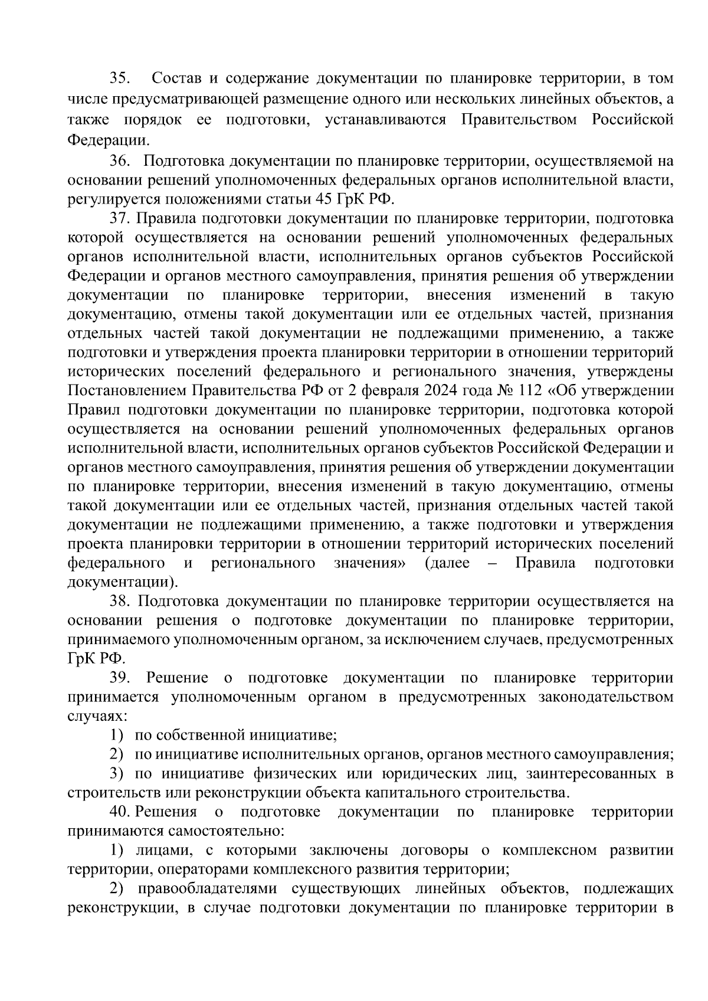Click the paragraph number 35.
click(x=122, y=78)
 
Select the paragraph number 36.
click(x=122, y=161)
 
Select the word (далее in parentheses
click(x=447, y=563)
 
